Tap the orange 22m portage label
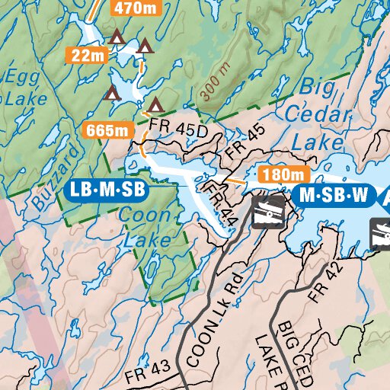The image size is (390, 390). [88, 55]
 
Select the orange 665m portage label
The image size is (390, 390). [107, 130]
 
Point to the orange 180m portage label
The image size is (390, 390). [276, 174]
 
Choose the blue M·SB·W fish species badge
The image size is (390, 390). [334, 196]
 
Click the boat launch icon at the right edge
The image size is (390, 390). [381, 234]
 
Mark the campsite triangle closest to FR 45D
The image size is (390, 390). [156, 104]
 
